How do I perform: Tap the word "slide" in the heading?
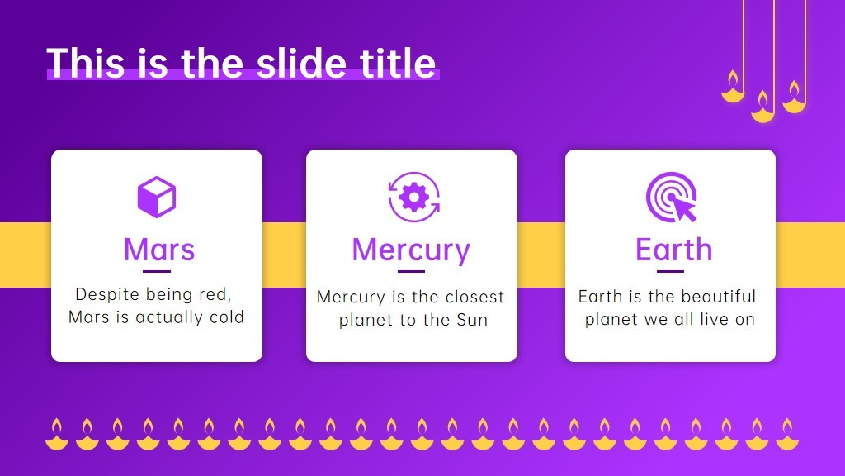pyautogui.click(x=300, y=63)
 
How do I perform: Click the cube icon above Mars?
pyautogui.click(x=157, y=197)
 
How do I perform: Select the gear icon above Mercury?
pyautogui.click(x=414, y=197)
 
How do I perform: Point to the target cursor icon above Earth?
pyautogui.click(x=672, y=197)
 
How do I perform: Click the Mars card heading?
pyautogui.click(x=159, y=250)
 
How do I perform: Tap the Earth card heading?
pyautogui.click(x=673, y=250)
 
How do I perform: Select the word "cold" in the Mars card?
pyautogui.click(x=227, y=317)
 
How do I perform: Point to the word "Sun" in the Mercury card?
pyautogui.click(x=472, y=320)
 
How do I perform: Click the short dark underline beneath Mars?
pyautogui.click(x=157, y=271)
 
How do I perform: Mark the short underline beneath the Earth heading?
pyautogui.click(x=670, y=271)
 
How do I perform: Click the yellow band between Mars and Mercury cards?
pyautogui.click(x=284, y=255)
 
